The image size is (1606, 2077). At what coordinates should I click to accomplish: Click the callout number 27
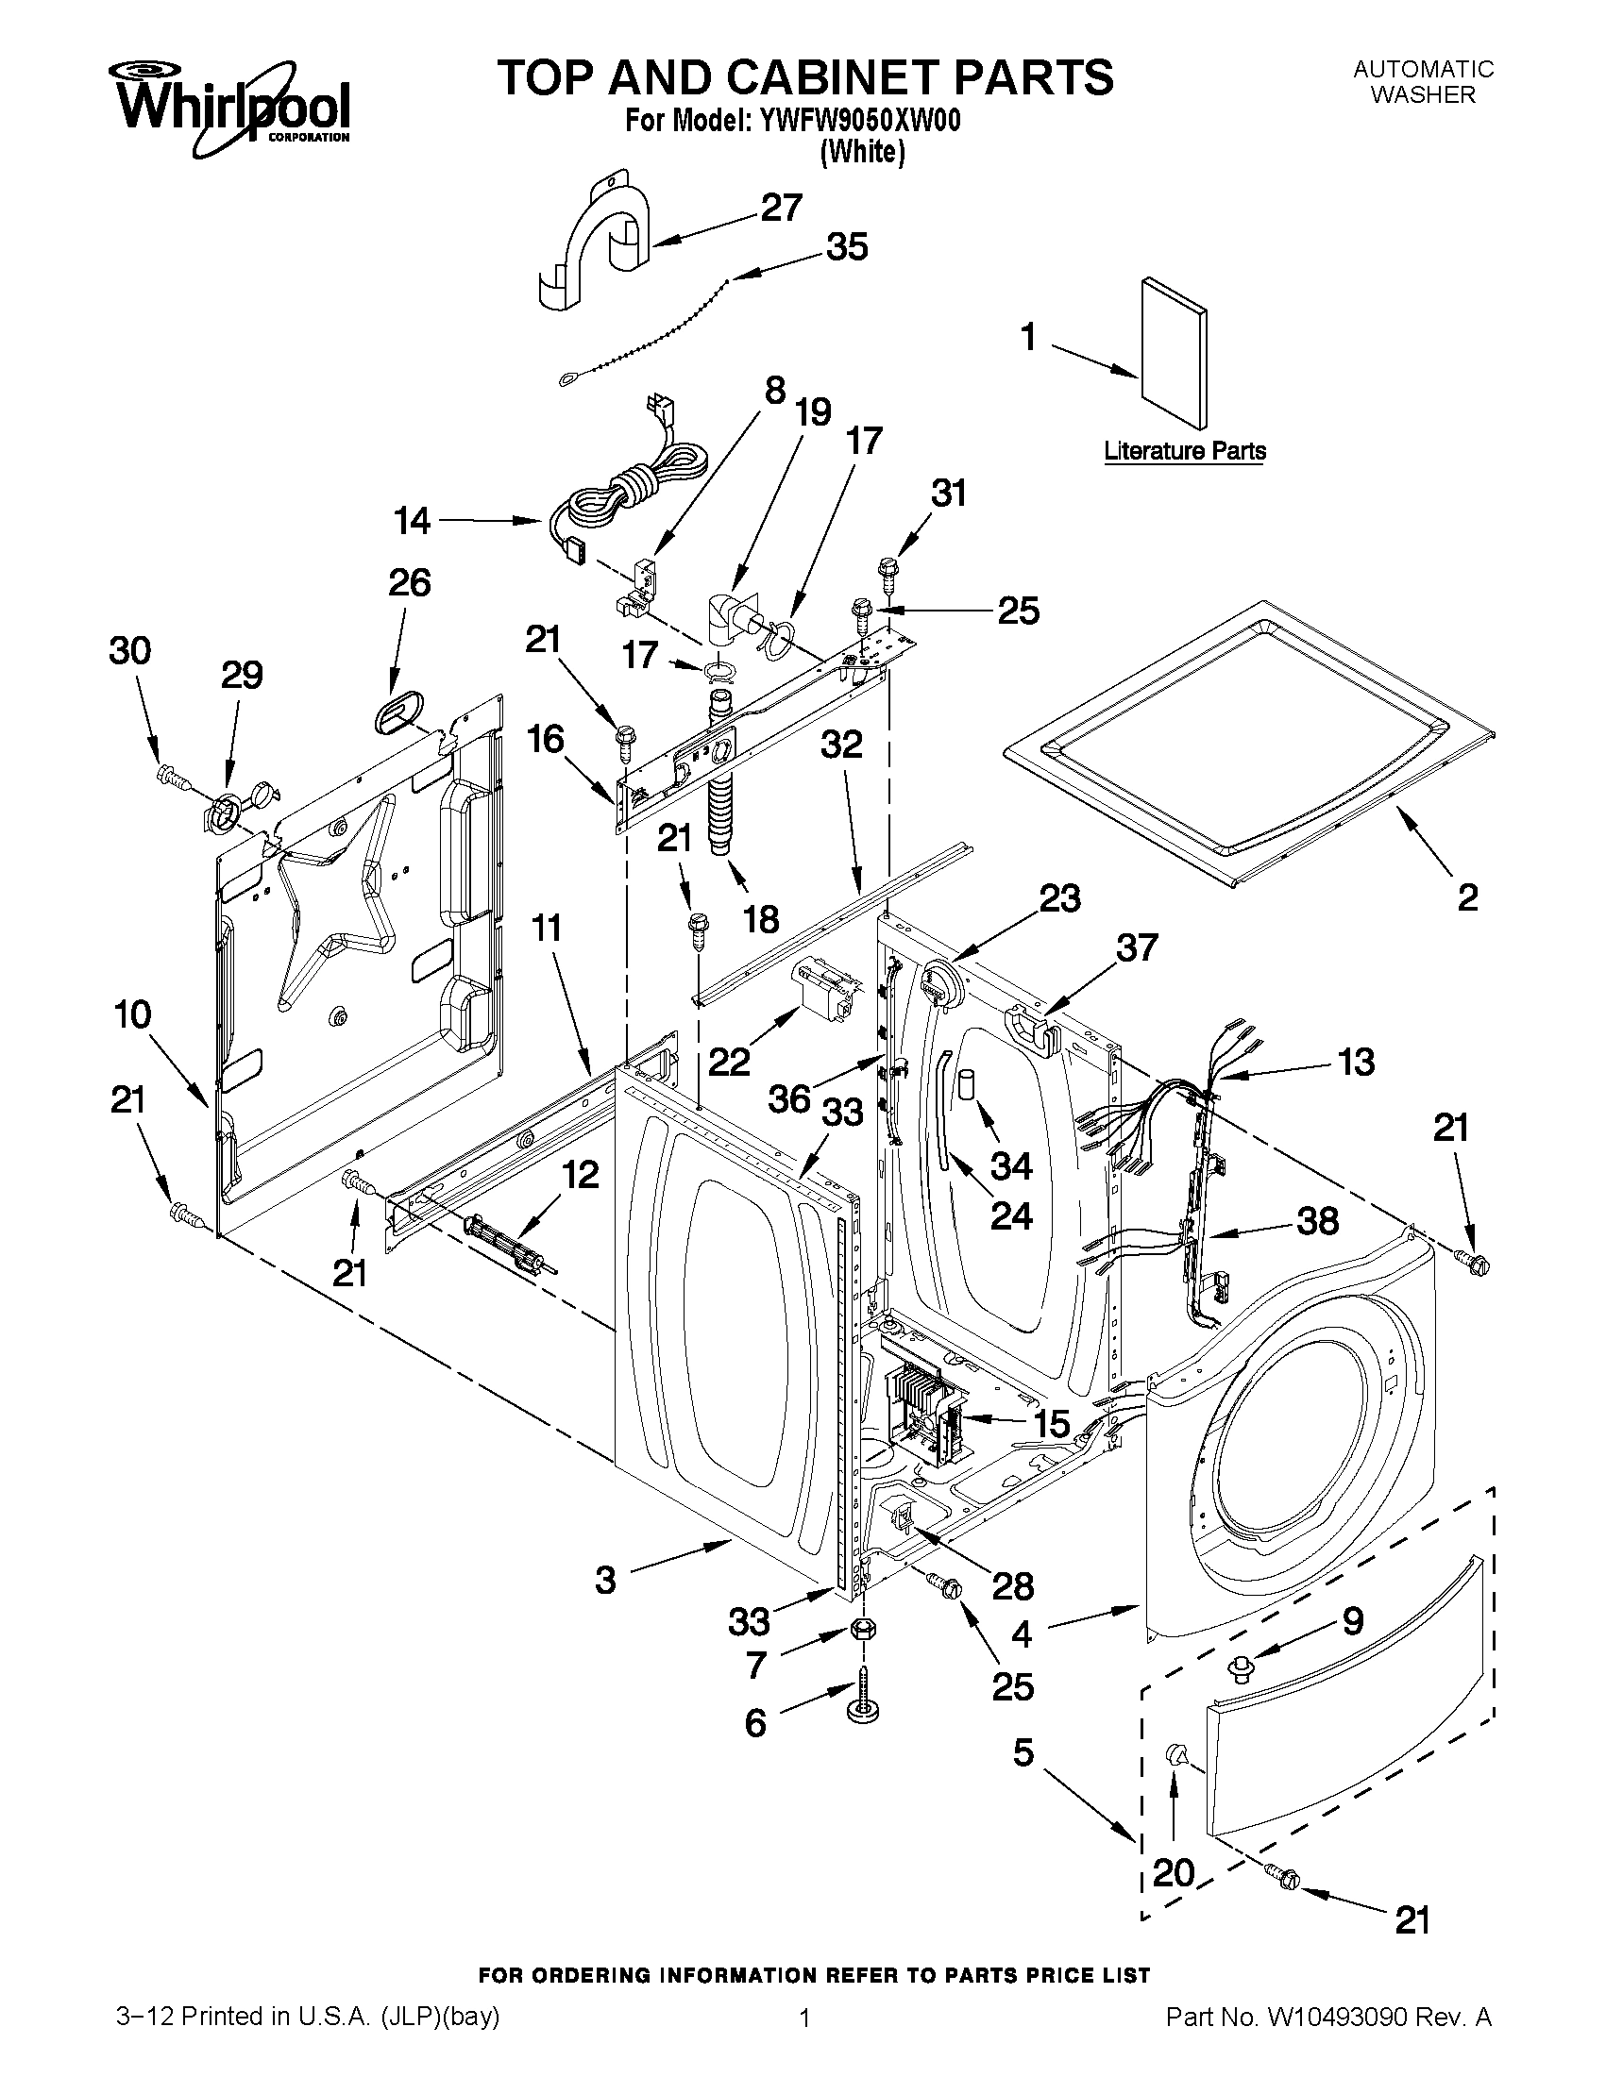781,208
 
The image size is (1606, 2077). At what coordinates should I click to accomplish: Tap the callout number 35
846,246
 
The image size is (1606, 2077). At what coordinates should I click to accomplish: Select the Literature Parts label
1185,451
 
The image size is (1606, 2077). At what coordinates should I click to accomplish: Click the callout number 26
409,582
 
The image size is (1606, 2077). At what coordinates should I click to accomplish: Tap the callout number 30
130,650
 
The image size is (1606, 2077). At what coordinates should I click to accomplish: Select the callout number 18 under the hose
761,919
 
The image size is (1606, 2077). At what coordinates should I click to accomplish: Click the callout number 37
1137,947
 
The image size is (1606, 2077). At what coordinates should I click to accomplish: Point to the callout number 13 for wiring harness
1356,1062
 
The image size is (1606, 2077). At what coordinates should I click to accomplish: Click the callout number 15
1052,1424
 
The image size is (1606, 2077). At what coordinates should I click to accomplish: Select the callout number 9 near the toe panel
1353,1620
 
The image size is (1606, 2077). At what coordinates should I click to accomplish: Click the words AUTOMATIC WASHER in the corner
1424,82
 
